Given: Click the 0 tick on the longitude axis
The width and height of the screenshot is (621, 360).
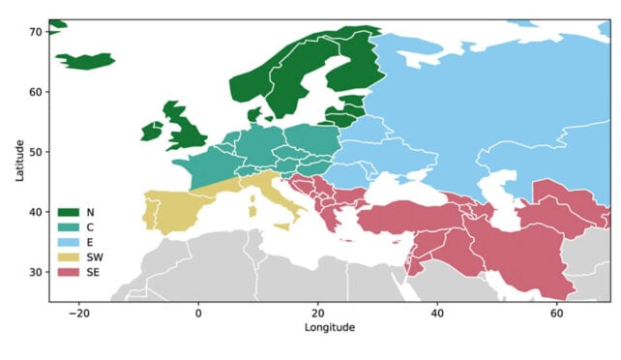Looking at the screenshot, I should [198, 314].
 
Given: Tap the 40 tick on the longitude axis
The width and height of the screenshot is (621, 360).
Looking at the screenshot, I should [437, 314].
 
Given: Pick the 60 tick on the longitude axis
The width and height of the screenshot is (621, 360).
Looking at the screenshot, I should [556, 314].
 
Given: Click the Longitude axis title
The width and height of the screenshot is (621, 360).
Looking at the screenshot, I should [329, 328].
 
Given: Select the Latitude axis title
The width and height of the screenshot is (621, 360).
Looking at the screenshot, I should [19, 160].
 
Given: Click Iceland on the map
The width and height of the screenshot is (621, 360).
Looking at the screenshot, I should [86, 61].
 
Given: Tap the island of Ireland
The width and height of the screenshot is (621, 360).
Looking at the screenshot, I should [153, 131].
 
